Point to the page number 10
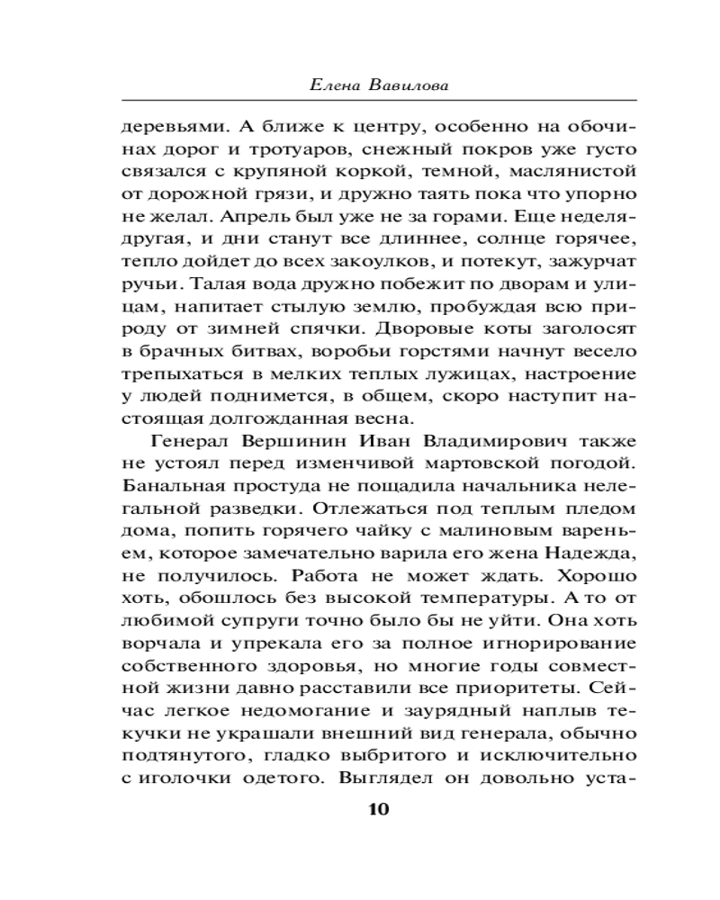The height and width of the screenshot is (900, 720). (x=377, y=807)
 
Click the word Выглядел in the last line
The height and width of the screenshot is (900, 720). (x=381, y=769)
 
